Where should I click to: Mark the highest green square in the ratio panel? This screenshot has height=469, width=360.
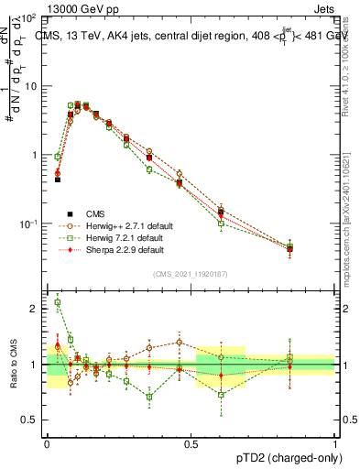click(58, 302)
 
